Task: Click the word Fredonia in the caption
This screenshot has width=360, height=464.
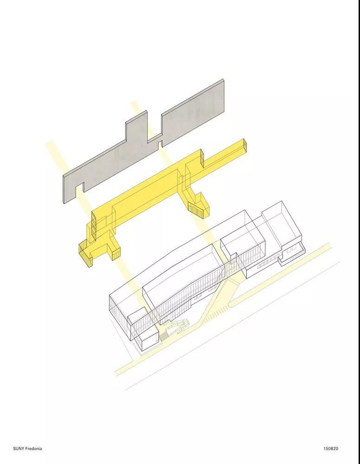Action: (x=33, y=448)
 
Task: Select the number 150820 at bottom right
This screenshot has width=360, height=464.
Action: (x=330, y=448)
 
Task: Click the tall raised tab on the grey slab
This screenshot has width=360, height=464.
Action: (x=137, y=126)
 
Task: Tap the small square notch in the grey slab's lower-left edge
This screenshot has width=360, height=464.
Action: (x=79, y=189)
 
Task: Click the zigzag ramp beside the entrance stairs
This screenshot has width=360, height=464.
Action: (x=178, y=323)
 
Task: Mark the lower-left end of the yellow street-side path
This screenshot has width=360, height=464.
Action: (x=116, y=373)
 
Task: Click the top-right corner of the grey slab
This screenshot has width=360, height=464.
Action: (x=223, y=79)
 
